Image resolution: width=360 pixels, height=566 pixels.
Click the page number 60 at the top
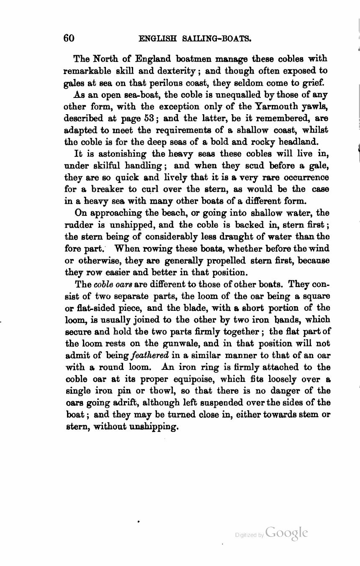click(69, 38)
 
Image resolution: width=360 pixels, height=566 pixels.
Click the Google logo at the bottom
click(286, 533)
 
